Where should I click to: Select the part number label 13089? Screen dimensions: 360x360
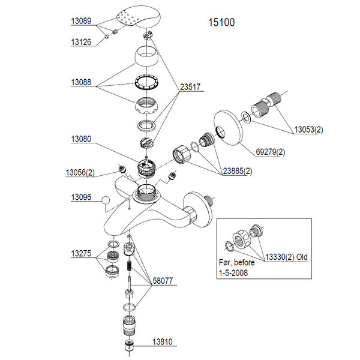[x=82, y=21]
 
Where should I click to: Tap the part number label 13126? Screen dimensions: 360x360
[x=82, y=42]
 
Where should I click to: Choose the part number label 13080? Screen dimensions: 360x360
[x=82, y=139]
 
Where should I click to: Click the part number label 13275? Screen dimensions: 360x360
[x=82, y=254]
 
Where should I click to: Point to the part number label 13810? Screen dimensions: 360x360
[x=161, y=343]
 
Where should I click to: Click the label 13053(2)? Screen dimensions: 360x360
[x=308, y=130]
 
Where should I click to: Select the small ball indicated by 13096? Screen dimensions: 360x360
[x=104, y=201]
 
